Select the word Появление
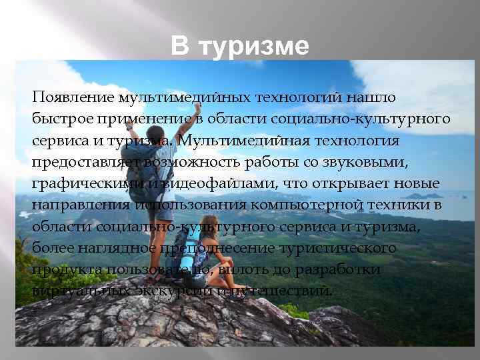point(73,97)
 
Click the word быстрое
point(58,119)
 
